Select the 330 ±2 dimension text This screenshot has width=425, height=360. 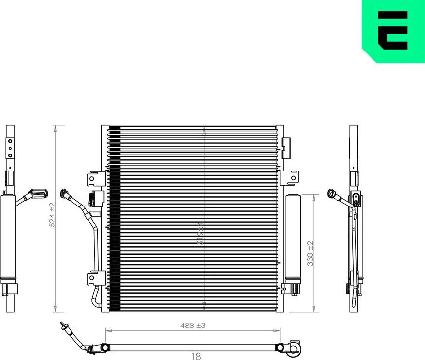[x=311, y=253]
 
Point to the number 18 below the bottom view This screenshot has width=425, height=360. [x=195, y=356]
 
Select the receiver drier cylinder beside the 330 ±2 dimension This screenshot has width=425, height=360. [x=293, y=238]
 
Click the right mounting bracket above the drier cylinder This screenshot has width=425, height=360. [x=291, y=178]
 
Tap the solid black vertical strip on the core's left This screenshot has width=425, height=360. [x=114, y=219]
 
